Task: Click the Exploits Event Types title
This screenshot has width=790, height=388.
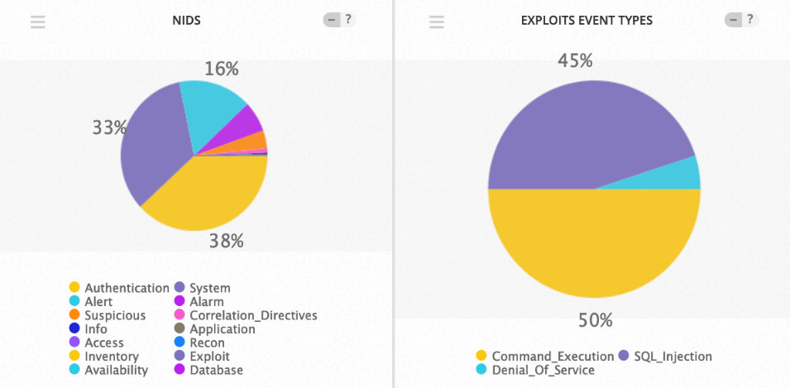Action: point(587,21)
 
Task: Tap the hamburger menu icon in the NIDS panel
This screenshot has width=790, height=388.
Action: point(38,22)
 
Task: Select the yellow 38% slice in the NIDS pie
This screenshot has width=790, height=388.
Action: point(207,194)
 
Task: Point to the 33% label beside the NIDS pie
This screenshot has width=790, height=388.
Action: point(108,127)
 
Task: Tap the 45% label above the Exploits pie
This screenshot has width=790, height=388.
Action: point(575,61)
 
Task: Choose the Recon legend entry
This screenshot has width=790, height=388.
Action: point(207,342)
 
